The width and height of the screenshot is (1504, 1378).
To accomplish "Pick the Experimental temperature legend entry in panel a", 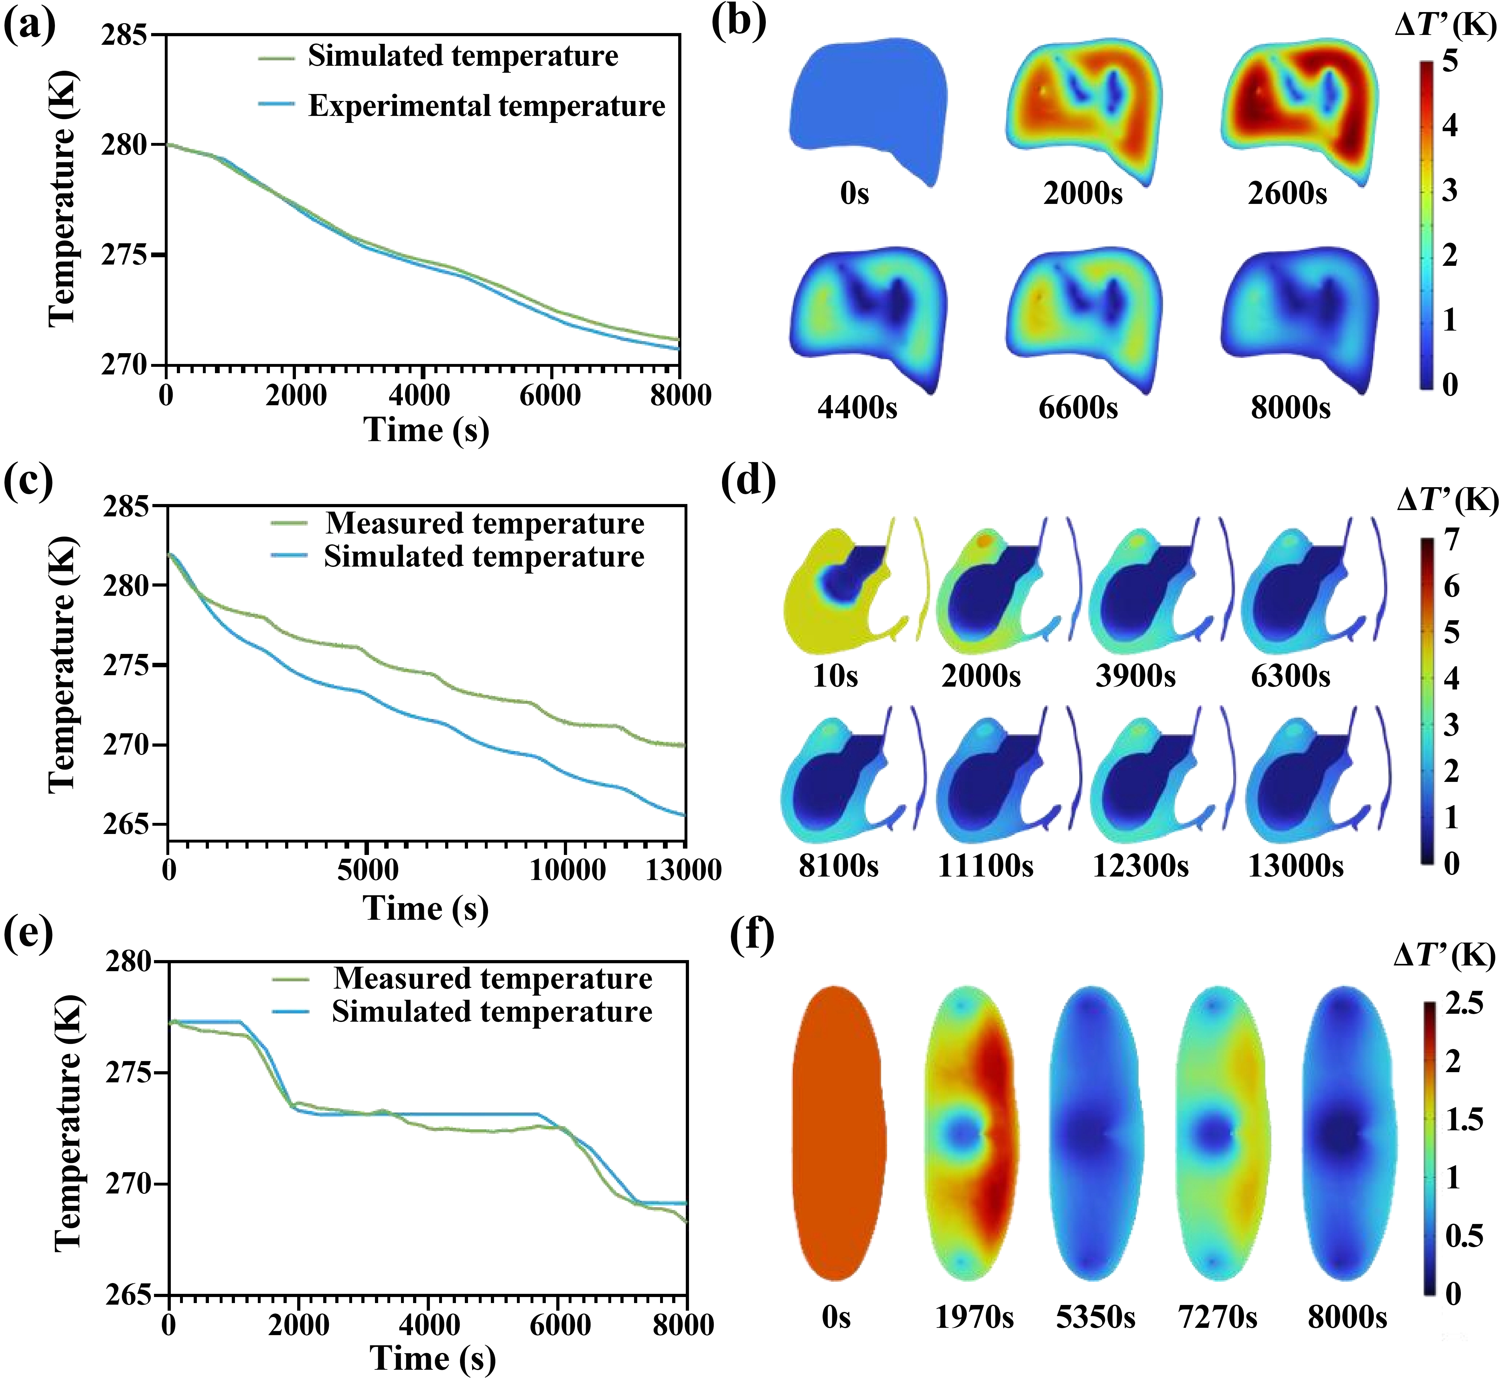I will click(486, 106).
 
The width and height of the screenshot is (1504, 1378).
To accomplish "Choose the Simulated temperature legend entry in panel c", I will click(484, 557).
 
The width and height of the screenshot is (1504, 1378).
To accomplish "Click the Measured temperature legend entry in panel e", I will click(492, 978).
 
